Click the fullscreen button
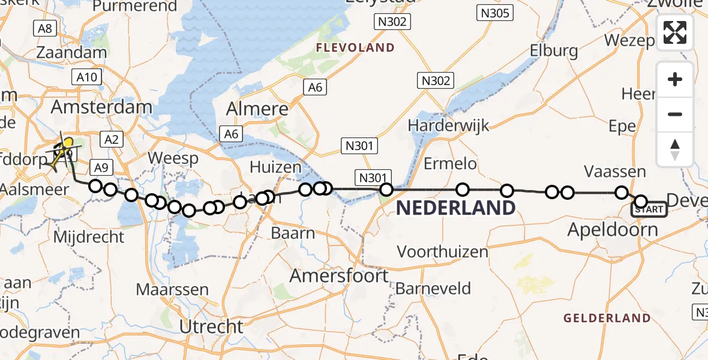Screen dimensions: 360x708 click(675, 32)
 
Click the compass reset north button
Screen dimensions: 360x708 click(675, 149)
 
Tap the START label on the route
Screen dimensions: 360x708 click(649, 209)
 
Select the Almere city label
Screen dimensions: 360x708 click(257, 109)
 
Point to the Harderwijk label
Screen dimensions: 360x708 click(448, 126)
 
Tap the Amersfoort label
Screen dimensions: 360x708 click(339, 276)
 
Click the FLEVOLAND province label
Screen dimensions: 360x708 click(355, 48)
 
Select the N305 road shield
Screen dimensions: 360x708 click(494, 13)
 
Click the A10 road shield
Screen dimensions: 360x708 click(87, 77)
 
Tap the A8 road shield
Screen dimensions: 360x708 click(45, 28)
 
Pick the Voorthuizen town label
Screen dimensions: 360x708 click(443, 251)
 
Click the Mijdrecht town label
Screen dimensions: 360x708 click(88, 236)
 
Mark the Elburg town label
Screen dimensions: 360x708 click(554, 52)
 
